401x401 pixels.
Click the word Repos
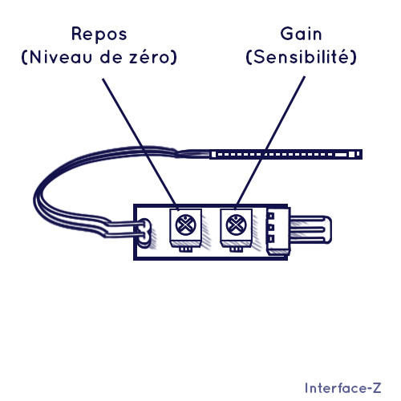click(x=99, y=34)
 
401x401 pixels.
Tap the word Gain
click(x=301, y=34)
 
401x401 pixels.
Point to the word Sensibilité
click(x=301, y=56)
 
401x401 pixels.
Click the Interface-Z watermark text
click(x=343, y=388)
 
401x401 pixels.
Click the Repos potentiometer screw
click(x=186, y=225)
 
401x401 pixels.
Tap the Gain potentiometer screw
click(x=237, y=225)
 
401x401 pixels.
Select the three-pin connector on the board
click(x=278, y=231)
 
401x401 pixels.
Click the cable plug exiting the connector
click(x=311, y=230)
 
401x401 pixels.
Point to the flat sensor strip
click(x=286, y=154)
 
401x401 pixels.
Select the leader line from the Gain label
click(x=270, y=142)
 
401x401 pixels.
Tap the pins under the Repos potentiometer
click(x=185, y=249)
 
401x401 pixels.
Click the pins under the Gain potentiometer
click(x=237, y=249)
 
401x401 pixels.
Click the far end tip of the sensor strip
click(x=362, y=154)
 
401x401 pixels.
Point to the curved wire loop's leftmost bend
click(x=35, y=199)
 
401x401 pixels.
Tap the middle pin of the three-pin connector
click(x=271, y=228)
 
